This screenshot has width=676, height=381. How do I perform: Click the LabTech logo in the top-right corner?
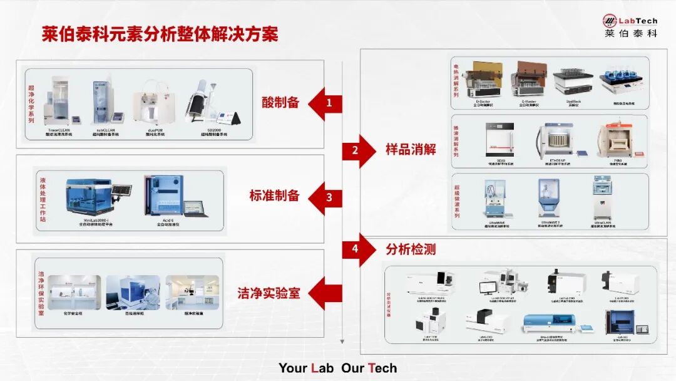(630, 26)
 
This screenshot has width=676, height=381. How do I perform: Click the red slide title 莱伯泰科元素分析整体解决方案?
(160, 34)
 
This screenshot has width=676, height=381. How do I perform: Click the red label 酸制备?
(280, 103)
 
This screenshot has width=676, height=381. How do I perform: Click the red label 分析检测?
(410, 249)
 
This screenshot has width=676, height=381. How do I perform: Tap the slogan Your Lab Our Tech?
(338, 368)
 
